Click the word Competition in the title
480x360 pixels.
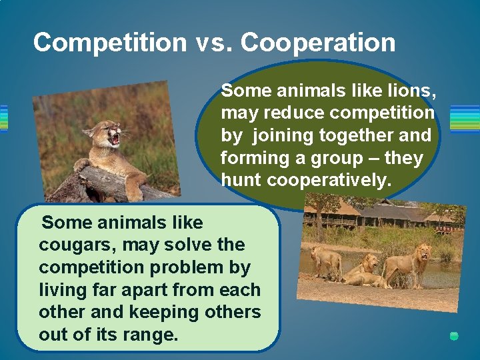coord(110,43)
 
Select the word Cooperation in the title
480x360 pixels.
coord(318,43)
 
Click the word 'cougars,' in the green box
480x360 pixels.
coord(72,245)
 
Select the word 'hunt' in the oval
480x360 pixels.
coord(241,180)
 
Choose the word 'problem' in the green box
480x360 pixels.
coord(174,267)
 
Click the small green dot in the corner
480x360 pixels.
coord(454,336)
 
